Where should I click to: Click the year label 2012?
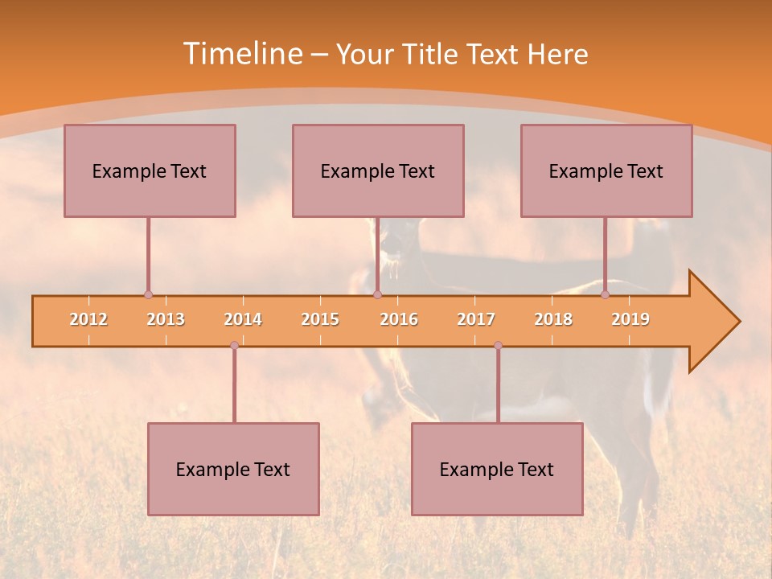[x=88, y=319]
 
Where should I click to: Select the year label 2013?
[x=166, y=319]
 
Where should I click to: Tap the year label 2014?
[x=243, y=319]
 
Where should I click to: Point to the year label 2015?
[x=320, y=319]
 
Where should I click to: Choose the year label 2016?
[x=399, y=319]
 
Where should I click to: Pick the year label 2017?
[x=476, y=319]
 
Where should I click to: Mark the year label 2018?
[x=553, y=319]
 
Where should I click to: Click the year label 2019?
[x=630, y=319]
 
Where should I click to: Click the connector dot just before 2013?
[x=148, y=294]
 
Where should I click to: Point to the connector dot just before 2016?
[x=377, y=294]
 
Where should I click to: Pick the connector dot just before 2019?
[x=605, y=294]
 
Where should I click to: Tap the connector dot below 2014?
[x=234, y=346]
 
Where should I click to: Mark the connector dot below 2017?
[x=498, y=346]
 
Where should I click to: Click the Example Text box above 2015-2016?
[x=378, y=170]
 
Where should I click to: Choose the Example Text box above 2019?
[x=606, y=170]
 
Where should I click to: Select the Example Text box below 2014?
[x=233, y=469]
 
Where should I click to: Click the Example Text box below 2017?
[x=497, y=469]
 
